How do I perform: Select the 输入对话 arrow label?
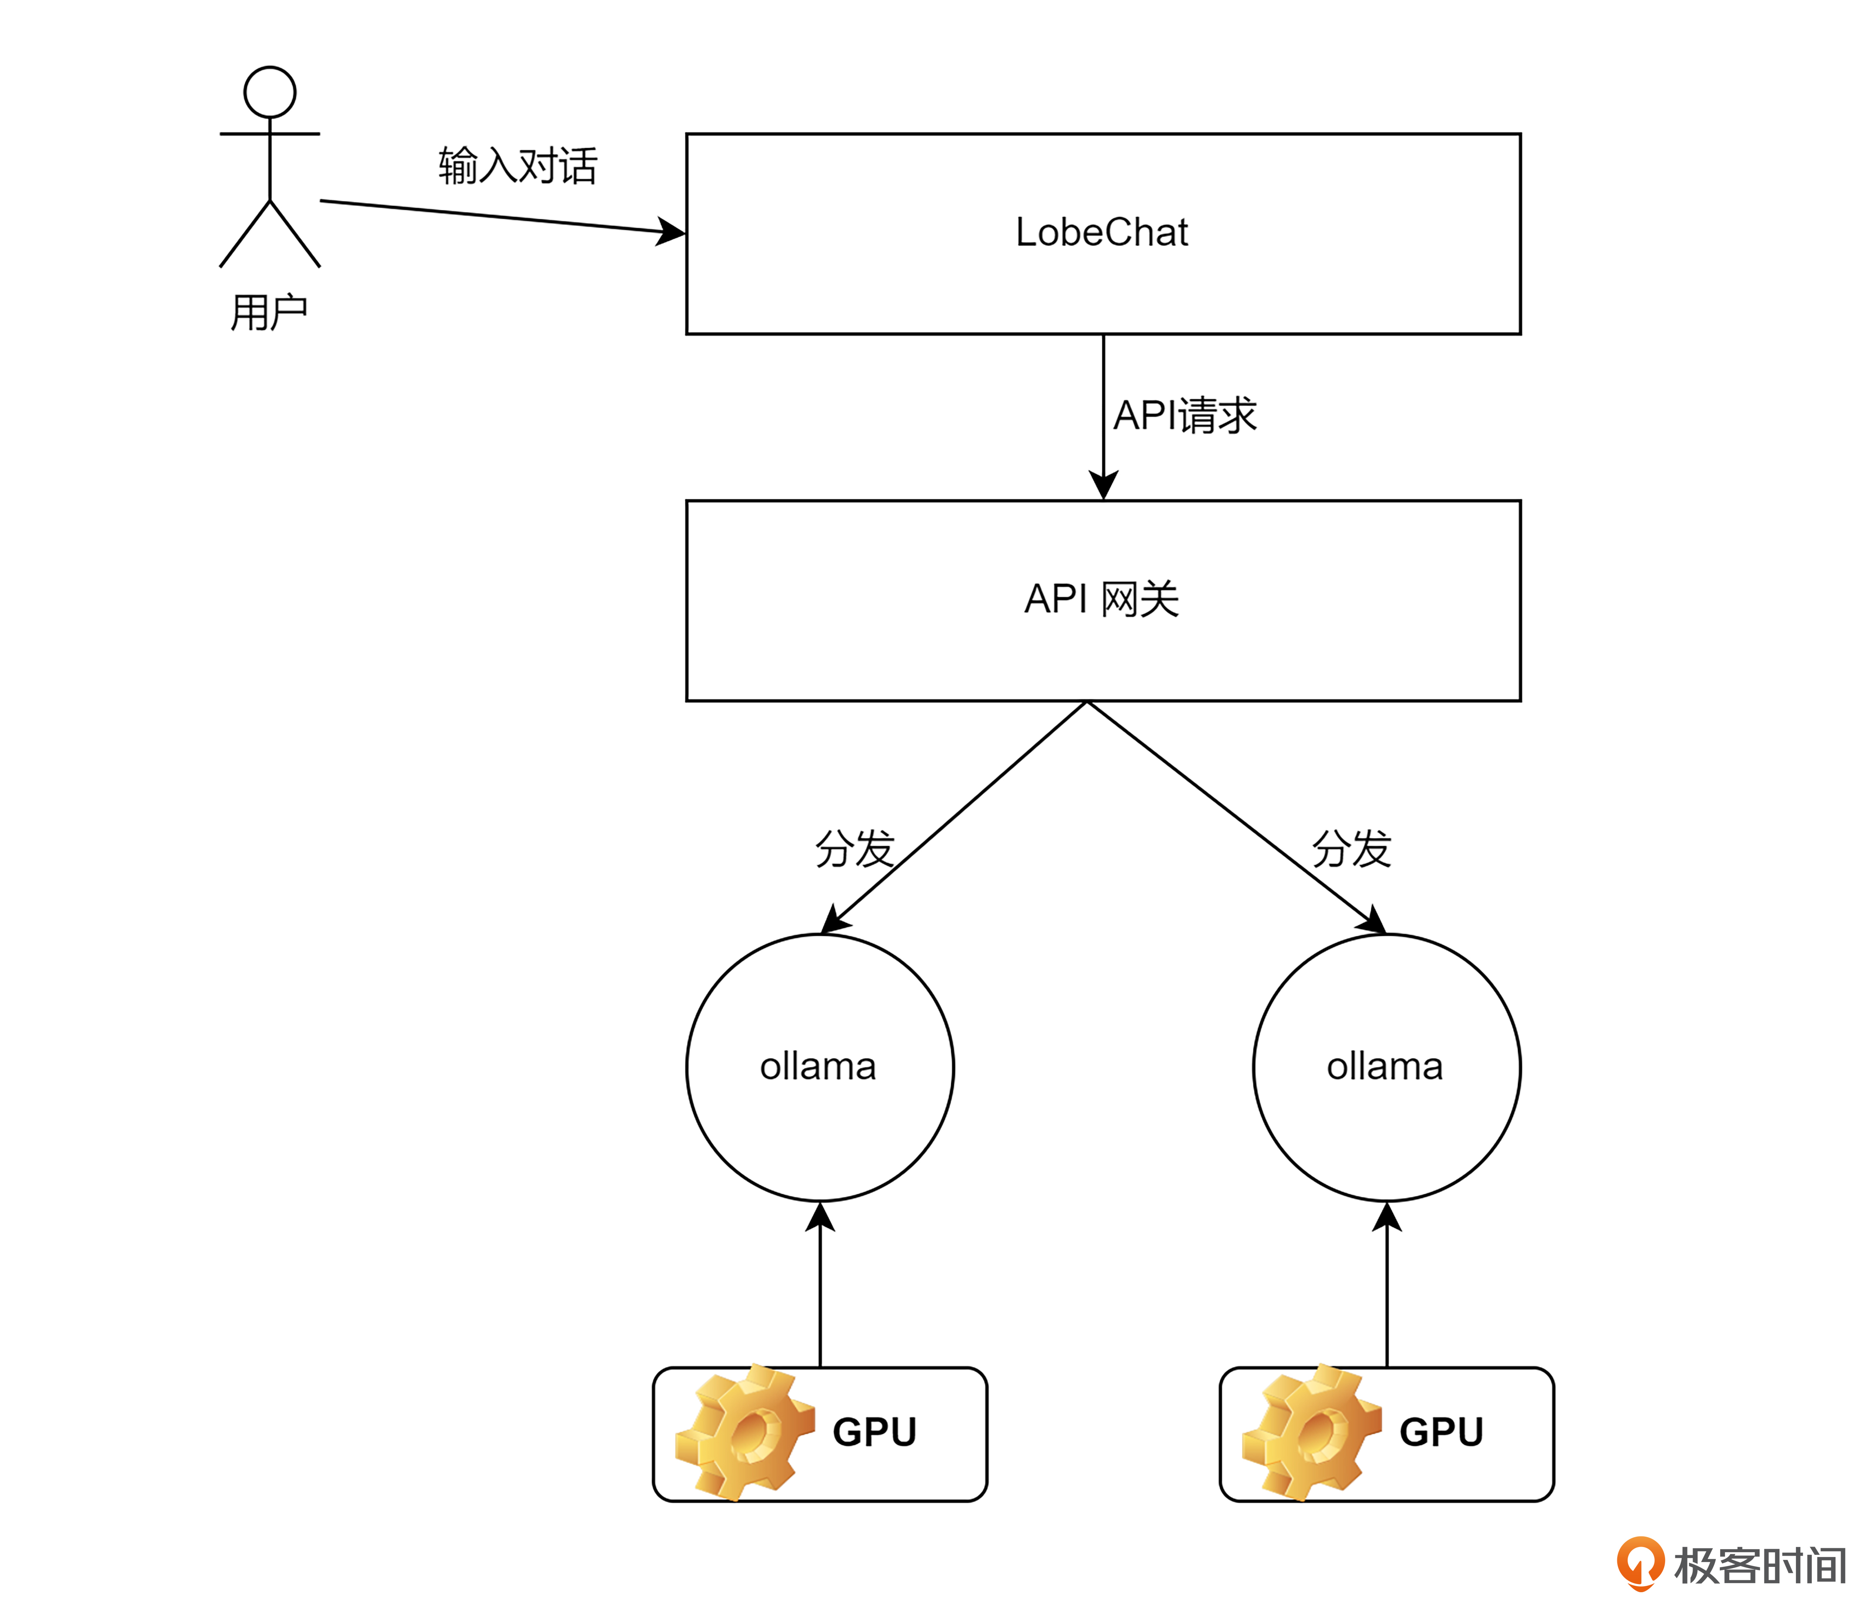[x=518, y=166]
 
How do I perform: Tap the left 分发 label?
[x=854, y=848]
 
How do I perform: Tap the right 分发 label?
[x=1351, y=848]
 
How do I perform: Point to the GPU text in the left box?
[x=874, y=1432]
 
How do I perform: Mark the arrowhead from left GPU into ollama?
[x=820, y=1218]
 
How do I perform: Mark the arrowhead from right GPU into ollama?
[x=1387, y=1218]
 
